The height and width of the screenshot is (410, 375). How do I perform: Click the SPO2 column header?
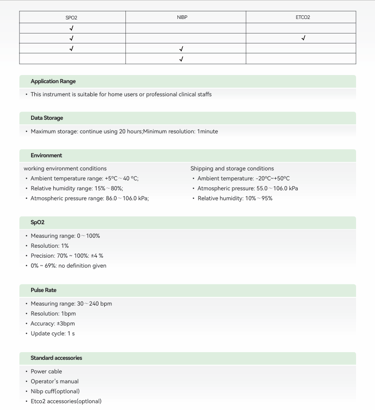[x=71, y=18]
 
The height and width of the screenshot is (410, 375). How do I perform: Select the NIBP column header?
[x=182, y=17]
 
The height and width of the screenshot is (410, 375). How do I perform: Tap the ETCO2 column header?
[x=302, y=17]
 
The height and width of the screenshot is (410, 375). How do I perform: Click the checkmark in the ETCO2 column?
[x=303, y=38]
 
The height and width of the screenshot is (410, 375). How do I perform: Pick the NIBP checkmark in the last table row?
[x=181, y=59]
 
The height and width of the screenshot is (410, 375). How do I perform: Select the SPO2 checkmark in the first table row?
[x=71, y=28]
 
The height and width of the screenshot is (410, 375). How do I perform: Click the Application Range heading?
[x=53, y=81]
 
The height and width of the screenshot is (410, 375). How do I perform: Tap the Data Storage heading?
[x=47, y=118]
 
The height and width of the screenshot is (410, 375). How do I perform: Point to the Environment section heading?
[x=46, y=156]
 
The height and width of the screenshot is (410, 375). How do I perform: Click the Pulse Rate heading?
[x=43, y=290]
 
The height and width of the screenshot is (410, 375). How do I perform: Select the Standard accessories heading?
[x=56, y=358]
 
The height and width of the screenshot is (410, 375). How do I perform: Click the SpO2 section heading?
[x=37, y=222]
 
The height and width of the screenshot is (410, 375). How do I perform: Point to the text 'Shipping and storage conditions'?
[x=232, y=169]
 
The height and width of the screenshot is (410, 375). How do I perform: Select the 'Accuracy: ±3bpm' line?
[x=52, y=324]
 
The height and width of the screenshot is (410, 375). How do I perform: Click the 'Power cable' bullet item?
[x=46, y=372]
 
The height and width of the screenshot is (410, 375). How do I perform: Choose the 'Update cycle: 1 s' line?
[x=52, y=334]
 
